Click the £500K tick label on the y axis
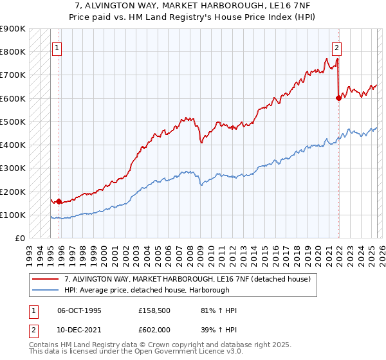(12, 122)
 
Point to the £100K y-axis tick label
(12, 215)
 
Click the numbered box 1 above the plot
(57, 47)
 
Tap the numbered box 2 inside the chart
(336, 47)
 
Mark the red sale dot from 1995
(59, 201)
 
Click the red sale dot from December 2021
(338, 98)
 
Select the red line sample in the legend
(46, 279)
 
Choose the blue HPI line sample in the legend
(46, 290)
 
